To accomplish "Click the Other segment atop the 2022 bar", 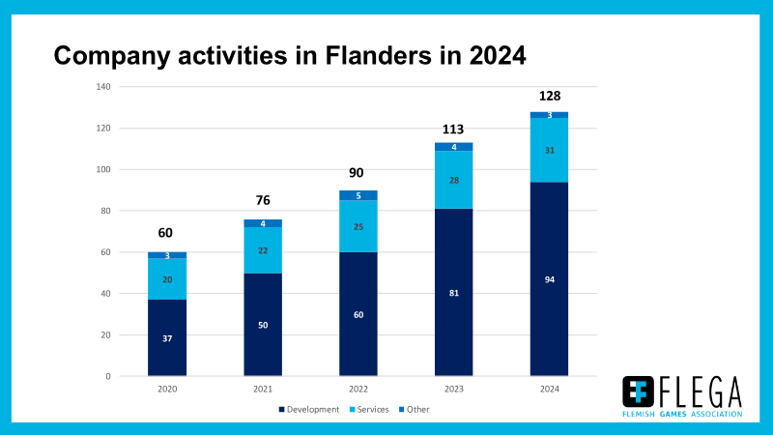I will [358, 195].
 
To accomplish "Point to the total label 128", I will [549, 97].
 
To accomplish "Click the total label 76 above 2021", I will [262, 201].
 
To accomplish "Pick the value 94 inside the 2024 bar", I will [549, 280].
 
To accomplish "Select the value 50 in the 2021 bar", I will [262, 326].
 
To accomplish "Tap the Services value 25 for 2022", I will [358, 227].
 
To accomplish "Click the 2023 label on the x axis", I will [453, 389].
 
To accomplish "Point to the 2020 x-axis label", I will [167, 389].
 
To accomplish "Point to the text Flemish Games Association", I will [682, 414].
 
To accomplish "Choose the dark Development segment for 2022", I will [358, 314].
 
